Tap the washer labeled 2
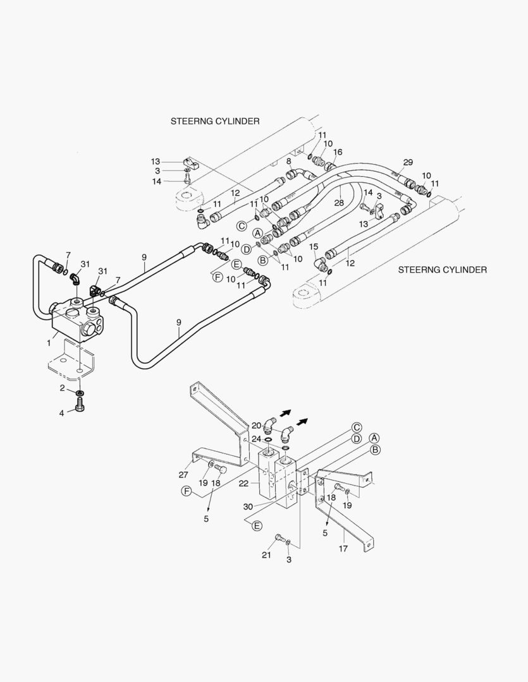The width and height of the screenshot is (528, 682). [81, 393]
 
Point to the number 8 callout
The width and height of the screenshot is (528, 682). [289, 162]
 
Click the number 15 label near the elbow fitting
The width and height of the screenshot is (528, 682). [314, 247]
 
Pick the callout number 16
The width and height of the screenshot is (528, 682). [338, 152]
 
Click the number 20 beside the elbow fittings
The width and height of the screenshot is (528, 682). [256, 426]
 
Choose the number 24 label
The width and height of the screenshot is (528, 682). [256, 439]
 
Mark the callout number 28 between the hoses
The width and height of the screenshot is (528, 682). [340, 202]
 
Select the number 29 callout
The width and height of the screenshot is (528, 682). [408, 163]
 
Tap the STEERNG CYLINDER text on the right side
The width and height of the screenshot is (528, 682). [442, 270]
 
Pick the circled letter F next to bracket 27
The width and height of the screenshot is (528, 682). [187, 491]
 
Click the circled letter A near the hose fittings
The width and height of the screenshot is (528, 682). [257, 233]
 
